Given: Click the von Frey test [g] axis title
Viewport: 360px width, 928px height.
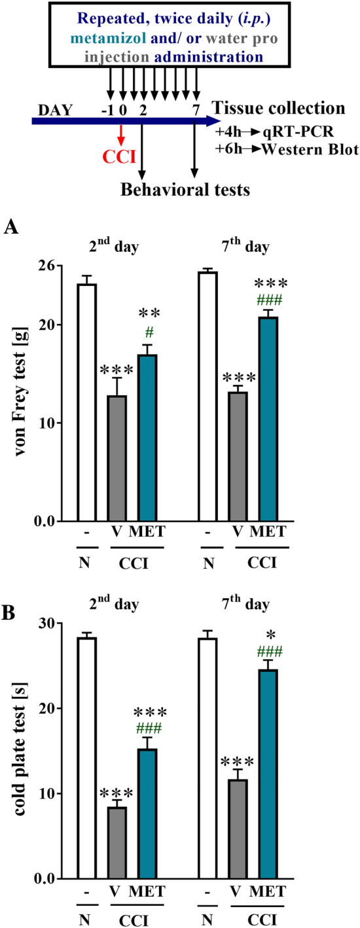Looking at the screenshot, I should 22,393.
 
